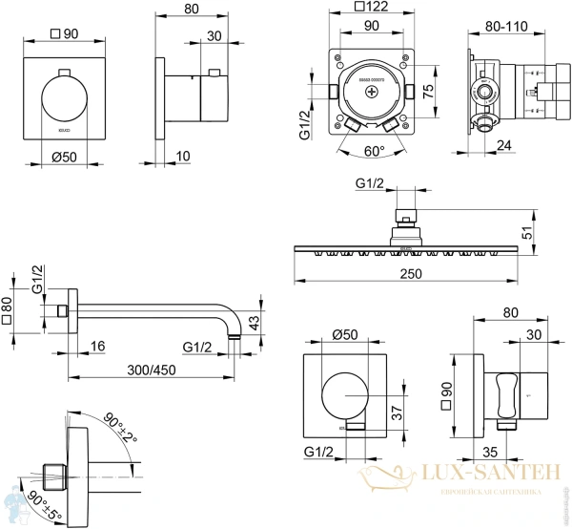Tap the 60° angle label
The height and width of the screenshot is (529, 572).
click(x=374, y=150)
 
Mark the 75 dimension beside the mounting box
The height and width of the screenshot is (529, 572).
click(x=429, y=91)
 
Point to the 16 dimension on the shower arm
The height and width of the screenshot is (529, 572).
click(x=99, y=346)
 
